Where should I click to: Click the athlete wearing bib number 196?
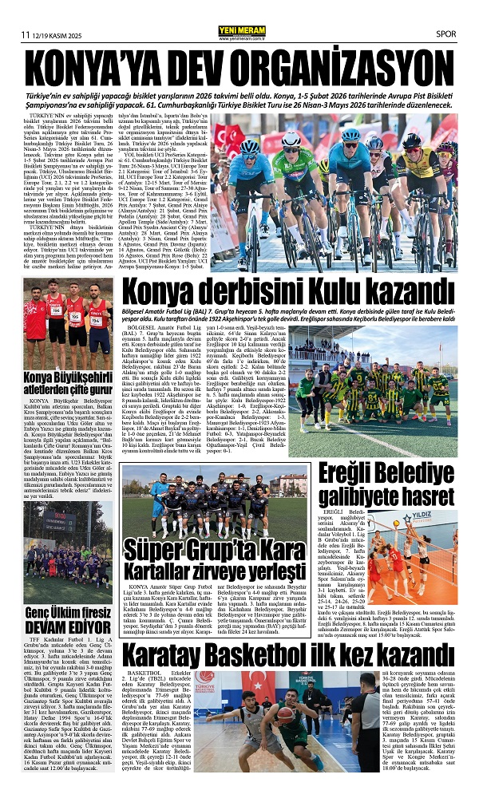tap(55, 315)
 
